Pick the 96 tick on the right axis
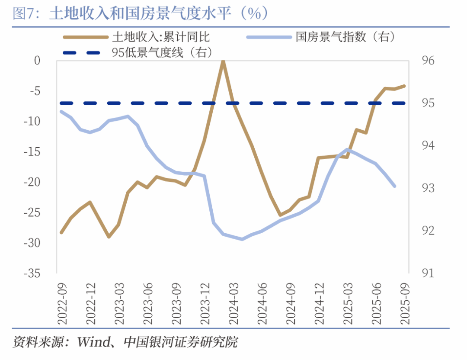(x=428, y=61)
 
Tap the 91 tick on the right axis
(x=428, y=273)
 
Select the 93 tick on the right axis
(x=428, y=188)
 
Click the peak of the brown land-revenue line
(x=223, y=61)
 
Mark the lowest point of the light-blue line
(x=242, y=239)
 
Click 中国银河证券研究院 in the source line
(x=181, y=343)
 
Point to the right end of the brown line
(x=405, y=86)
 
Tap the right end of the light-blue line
(x=395, y=186)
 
